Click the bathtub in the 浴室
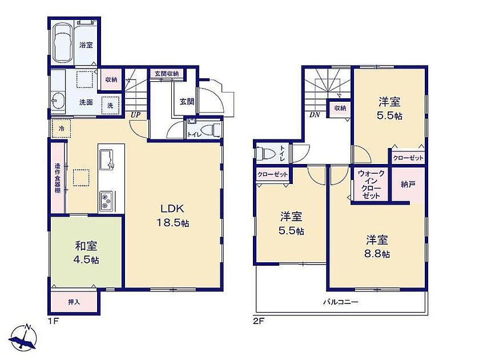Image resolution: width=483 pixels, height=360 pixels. [x=63, y=43]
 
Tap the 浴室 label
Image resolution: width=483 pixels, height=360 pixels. [x=86, y=45]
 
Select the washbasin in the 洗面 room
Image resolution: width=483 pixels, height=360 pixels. [x=58, y=101]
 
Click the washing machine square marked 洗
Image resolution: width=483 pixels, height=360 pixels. [x=110, y=105]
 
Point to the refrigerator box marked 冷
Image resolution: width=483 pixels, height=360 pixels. [x=61, y=128]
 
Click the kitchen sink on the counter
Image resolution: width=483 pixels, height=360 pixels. [x=107, y=159]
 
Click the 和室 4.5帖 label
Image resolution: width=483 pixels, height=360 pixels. [x=86, y=253]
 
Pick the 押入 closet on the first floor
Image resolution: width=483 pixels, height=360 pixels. [x=74, y=302]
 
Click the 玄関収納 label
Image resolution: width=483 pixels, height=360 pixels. [x=167, y=74]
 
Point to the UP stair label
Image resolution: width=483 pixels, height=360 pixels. [x=135, y=115]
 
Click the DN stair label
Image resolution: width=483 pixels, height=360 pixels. [x=315, y=115]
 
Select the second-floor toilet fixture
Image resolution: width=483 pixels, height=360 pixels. [x=264, y=153]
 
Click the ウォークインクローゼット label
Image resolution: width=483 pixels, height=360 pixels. [x=371, y=185]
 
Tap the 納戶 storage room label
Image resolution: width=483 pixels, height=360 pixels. [x=408, y=185]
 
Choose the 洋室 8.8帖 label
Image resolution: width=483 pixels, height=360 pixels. [x=377, y=247]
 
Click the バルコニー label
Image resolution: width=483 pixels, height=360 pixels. [x=341, y=302]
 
